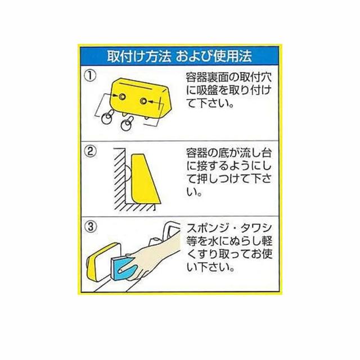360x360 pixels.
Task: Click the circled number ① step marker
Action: (x=90, y=76)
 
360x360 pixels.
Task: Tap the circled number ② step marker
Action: (x=90, y=151)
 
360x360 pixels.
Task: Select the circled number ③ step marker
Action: (x=90, y=227)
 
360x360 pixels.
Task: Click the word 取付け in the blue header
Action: (x=124, y=56)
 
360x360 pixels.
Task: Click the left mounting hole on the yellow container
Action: (x=122, y=97)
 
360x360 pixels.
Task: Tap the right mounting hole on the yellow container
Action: (x=144, y=101)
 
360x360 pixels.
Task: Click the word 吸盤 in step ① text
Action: (x=207, y=91)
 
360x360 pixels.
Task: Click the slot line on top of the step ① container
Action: (x=137, y=84)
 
